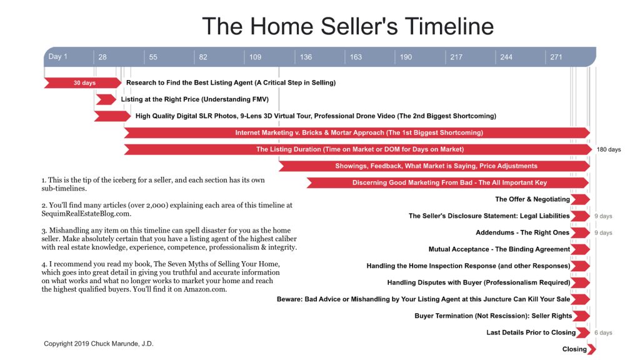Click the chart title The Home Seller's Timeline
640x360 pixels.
click(347, 26)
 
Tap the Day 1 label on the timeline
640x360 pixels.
click(58, 57)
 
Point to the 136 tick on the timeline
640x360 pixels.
click(306, 57)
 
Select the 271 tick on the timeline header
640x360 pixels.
click(556, 57)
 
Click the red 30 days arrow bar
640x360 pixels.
click(83, 82)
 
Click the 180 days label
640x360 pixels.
click(609, 150)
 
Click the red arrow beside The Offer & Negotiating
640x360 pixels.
click(581, 199)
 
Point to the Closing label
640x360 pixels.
click(574, 349)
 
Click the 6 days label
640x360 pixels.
click(603, 333)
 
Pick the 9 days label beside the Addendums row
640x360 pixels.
click(603, 233)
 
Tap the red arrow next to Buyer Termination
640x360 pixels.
click(581, 316)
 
